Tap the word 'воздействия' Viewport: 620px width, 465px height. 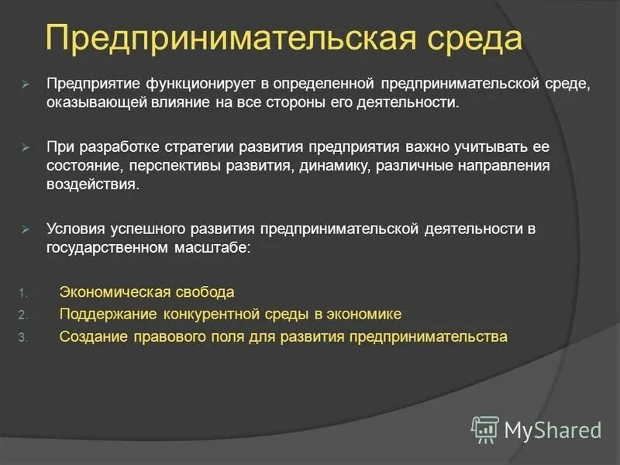[x=93, y=186]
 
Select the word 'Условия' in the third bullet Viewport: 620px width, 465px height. [x=74, y=229]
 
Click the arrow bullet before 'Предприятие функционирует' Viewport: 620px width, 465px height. [x=26, y=83]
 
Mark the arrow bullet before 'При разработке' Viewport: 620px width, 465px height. [x=26, y=146]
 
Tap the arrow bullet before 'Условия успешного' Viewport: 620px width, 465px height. [x=26, y=229]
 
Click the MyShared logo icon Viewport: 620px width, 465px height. [x=485, y=429]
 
